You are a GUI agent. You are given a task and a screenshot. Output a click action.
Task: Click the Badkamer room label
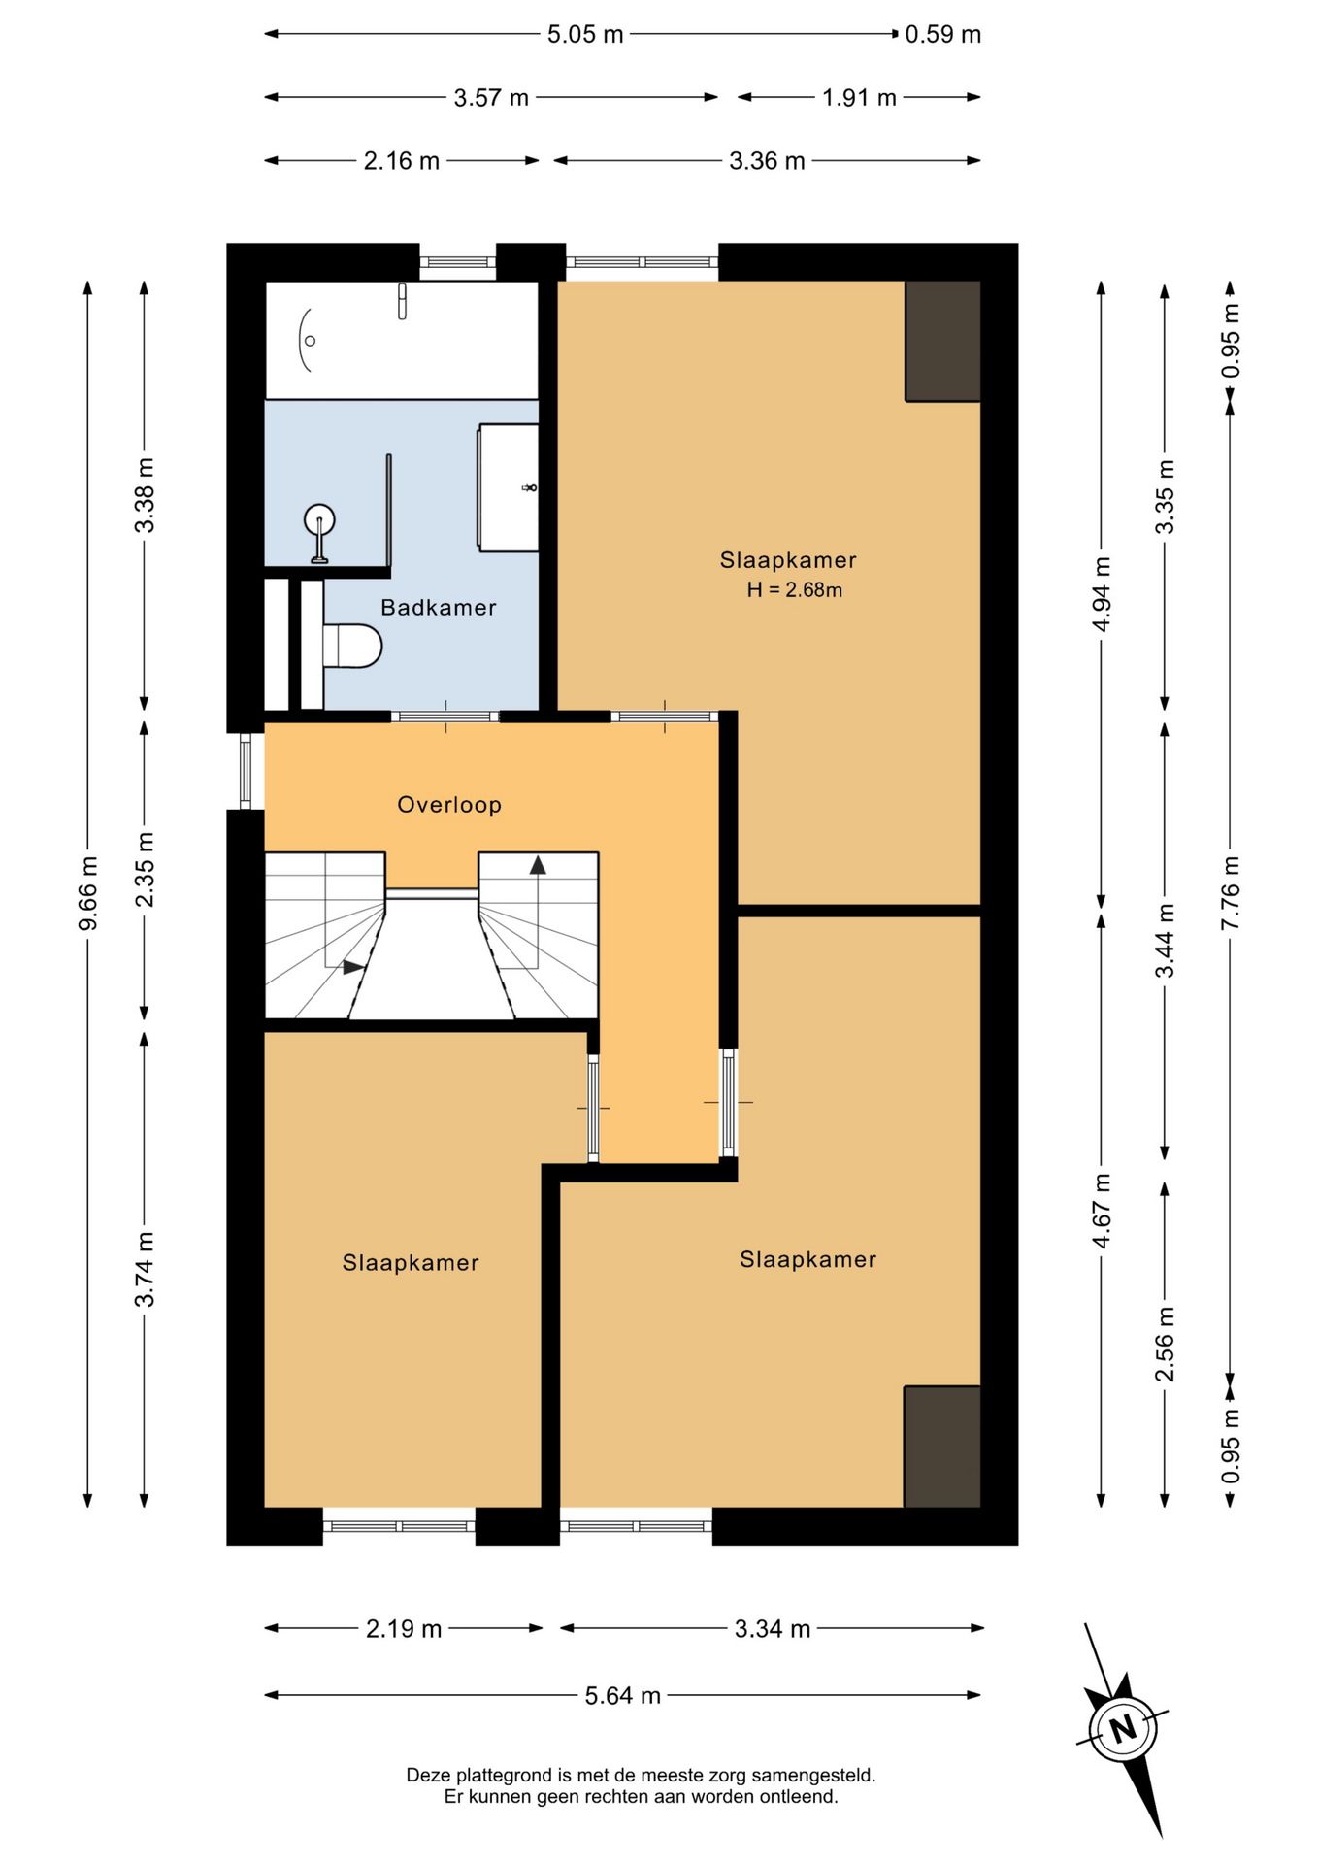pyautogui.click(x=438, y=608)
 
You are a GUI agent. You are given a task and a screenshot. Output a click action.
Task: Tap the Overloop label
pyautogui.click(x=449, y=805)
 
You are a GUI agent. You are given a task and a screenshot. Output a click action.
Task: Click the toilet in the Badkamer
pyautogui.click(x=351, y=646)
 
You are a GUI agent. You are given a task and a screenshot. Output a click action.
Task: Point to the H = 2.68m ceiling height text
pyautogui.click(x=794, y=589)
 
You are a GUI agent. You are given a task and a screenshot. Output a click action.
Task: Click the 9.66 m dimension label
pyautogui.click(x=88, y=893)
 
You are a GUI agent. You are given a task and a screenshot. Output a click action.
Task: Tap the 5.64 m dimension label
pyautogui.click(x=622, y=1696)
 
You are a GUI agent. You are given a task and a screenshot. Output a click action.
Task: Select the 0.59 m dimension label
pyautogui.click(x=942, y=35)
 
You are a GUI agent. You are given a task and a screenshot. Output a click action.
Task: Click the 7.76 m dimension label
pyautogui.click(x=1231, y=893)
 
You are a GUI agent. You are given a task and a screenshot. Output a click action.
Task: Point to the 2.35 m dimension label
pyautogui.click(x=145, y=870)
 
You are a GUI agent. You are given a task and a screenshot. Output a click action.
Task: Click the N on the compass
pyautogui.click(x=1123, y=1729)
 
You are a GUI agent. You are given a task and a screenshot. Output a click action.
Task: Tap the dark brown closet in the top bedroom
pyautogui.click(x=942, y=341)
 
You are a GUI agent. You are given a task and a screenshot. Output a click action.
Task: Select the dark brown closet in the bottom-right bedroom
pyautogui.click(x=941, y=1447)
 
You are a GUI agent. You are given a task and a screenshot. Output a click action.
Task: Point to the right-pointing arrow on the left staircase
pyautogui.click(x=354, y=968)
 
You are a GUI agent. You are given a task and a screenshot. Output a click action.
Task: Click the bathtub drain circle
pyautogui.click(x=311, y=341)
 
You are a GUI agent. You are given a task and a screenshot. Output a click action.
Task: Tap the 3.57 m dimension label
pyautogui.click(x=491, y=98)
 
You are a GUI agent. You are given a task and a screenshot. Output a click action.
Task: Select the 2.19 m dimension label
pyautogui.click(x=404, y=1629)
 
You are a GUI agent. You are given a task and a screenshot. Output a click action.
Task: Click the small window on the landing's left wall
pyautogui.click(x=246, y=771)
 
